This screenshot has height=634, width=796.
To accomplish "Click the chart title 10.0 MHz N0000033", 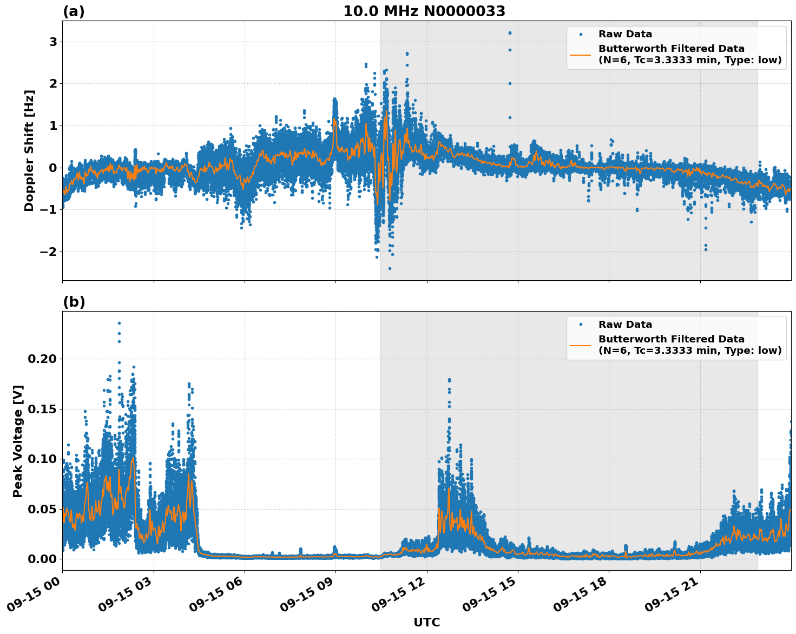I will [x=424, y=11].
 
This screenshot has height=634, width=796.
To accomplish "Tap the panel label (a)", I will [x=74, y=11].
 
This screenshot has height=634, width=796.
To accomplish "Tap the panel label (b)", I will [x=74, y=302].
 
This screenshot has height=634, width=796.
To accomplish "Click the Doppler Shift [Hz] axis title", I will [x=29, y=150].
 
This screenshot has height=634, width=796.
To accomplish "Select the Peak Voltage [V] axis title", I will [x=18, y=441].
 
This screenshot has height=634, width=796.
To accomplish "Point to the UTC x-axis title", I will [x=426, y=622].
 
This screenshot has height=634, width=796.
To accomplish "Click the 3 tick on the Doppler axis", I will [x=53, y=42].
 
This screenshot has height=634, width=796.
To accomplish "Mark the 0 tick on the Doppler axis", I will [x=53, y=168].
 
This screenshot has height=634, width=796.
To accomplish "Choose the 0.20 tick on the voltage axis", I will [x=45, y=359].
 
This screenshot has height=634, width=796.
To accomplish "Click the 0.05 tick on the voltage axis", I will [x=45, y=509].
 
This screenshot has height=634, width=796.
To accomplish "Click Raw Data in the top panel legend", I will [x=625, y=34].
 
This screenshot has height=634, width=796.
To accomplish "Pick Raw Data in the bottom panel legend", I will [x=625, y=325].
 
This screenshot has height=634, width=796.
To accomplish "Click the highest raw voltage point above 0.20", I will [x=119, y=323].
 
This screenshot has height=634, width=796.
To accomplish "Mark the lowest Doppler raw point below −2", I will [x=389, y=268].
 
